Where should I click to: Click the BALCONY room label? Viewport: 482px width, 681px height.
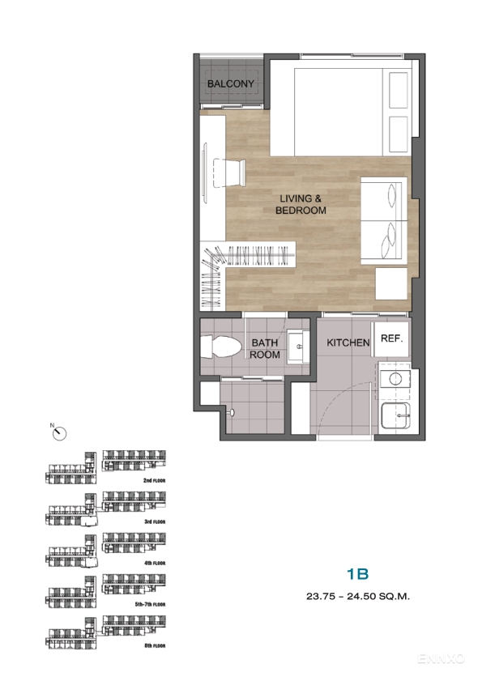pos(231,84)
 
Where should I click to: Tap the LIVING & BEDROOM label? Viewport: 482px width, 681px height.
pos(301,204)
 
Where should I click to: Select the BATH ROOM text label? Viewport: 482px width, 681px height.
pos(265,349)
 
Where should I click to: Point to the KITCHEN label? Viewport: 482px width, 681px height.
pos(348,343)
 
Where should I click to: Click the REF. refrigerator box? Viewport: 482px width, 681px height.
pos(392,340)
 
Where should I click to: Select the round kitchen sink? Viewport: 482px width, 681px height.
pos(397,378)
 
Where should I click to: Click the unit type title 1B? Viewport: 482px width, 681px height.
pos(357,575)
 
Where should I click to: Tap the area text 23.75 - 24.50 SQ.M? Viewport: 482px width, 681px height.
pos(357,598)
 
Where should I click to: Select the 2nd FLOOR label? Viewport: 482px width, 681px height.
pos(154,480)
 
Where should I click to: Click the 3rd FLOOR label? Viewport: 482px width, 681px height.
pos(154,523)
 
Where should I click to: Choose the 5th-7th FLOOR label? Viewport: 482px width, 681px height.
pos(151,604)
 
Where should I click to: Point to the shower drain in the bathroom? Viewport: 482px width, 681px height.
pos(232,412)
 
